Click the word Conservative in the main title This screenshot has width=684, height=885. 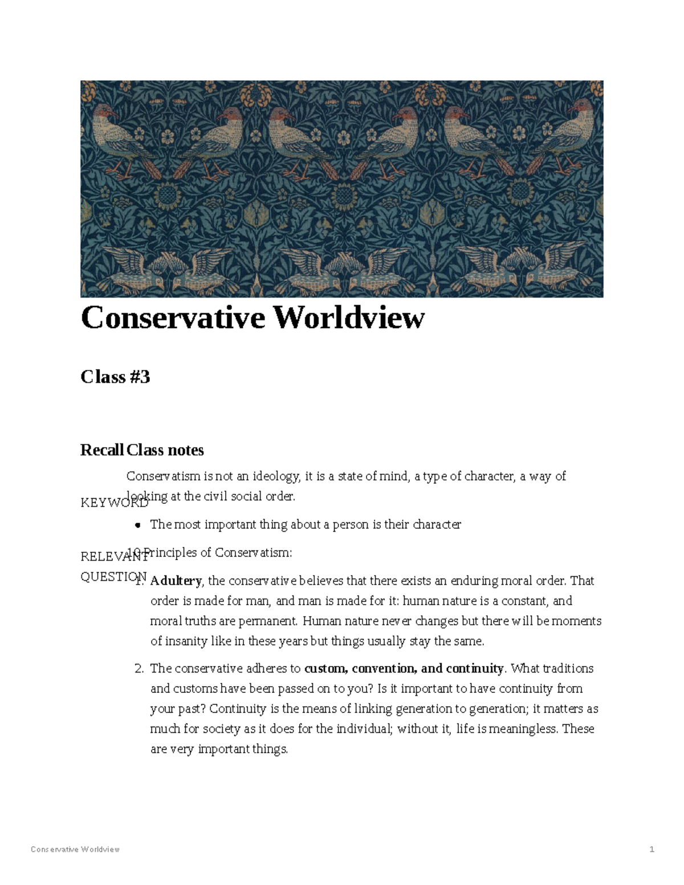click(173, 317)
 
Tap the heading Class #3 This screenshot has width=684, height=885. click(115, 377)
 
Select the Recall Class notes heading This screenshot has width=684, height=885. click(142, 450)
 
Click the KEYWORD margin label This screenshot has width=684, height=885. click(114, 503)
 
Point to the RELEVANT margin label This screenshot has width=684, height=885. click(114, 557)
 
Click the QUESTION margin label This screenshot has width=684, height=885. click(113, 577)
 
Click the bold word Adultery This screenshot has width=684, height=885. click(176, 581)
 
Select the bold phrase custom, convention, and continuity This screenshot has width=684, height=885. click(404, 668)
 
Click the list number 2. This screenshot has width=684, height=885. click(139, 668)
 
